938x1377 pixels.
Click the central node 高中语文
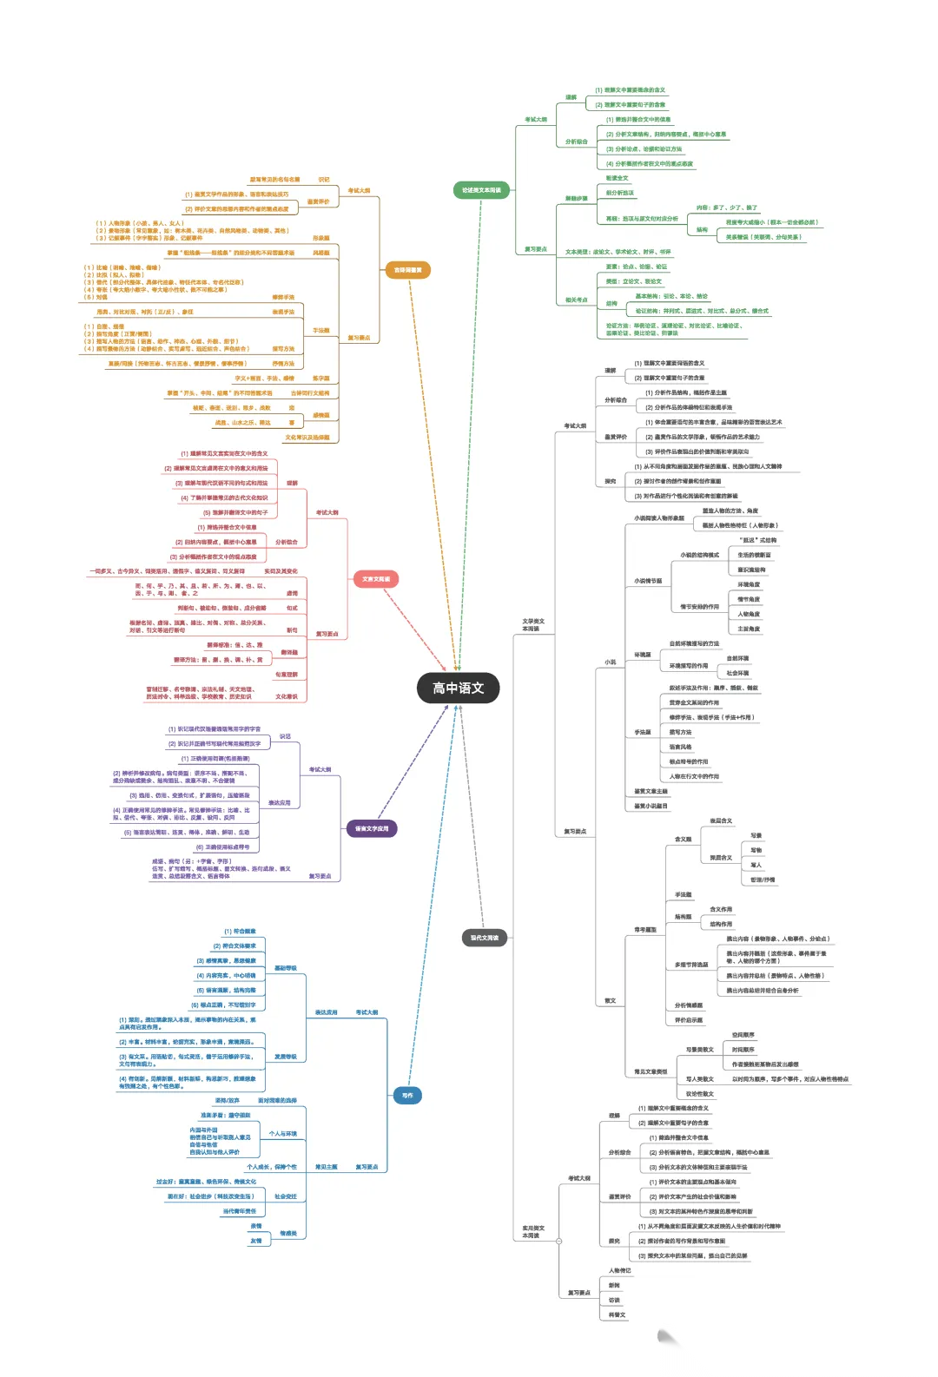pyautogui.click(x=459, y=688)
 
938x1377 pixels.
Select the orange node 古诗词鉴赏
pyautogui.click(x=407, y=270)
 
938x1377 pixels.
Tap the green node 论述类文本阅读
pyautogui.click(x=481, y=190)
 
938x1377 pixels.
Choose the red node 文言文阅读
pyautogui.click(x=375, y=579)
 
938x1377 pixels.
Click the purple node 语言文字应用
pyautogui.click(x=372, y=828)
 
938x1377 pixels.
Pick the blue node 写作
pyautogui.click(x=407, y=1096)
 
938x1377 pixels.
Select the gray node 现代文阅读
pyautogui.click(x=484, y=938)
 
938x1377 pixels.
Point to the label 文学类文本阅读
pyautogui.click(x=532, y=625)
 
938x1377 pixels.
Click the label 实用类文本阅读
pyautogui.click(x=532, y=1231)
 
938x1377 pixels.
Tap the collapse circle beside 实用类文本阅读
pyautogui.click(x=558, y=1241)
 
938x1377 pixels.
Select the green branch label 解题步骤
pyautogui.click(x=577, y=199)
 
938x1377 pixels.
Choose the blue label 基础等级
pyautogui.click(x=286, y=968)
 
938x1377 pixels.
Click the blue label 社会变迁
pyautogui.click(x=286, y=1196)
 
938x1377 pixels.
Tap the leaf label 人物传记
pyautogui.click(x=620, y=1271)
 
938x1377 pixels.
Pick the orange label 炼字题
pyautogui.click(x=320, y=379)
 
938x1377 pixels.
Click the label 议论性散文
pyautogui.click(x=700, y=1094)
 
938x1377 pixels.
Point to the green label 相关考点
pyautogui.click(x=577, y=300)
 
